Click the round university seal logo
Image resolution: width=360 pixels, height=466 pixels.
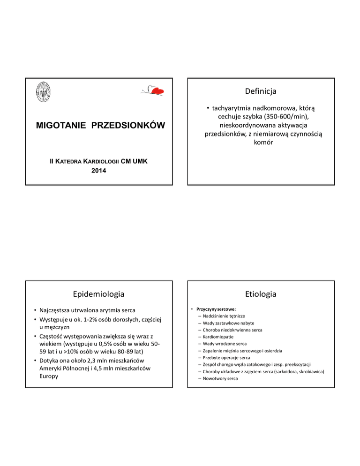pyautogui.click(x=45, y=90)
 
